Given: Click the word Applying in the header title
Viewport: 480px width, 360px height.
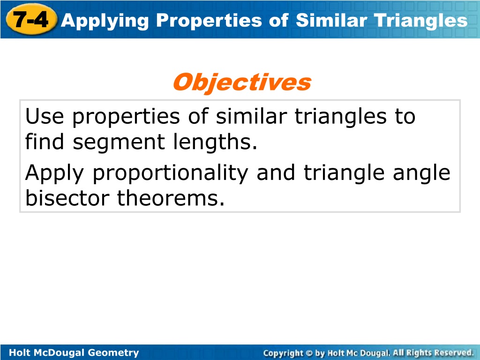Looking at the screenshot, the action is click(x=105, y=21).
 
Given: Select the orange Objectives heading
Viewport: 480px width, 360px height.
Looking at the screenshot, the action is click(x=242, y=82).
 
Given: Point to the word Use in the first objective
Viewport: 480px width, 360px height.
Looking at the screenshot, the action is click(x=45, y=117).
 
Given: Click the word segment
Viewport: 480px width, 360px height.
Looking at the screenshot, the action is click(x=119, y=142).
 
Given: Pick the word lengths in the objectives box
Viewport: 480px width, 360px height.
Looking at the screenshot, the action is click(x=215, y=142).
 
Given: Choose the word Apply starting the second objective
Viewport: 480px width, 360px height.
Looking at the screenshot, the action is click(x=54, y=173).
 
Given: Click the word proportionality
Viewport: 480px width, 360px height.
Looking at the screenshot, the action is click(x=171, y=173).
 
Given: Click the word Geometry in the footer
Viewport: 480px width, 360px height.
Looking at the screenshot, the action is click(x=113, y=352).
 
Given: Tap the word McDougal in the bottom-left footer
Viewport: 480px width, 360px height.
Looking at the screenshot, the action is click(x=60, y=352).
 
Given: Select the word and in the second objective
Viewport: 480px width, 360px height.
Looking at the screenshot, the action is click(x=276, y=172).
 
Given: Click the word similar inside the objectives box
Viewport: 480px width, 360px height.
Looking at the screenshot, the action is click(x=251, y=116).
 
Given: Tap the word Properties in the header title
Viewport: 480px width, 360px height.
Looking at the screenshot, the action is click(x=209, y=21).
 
